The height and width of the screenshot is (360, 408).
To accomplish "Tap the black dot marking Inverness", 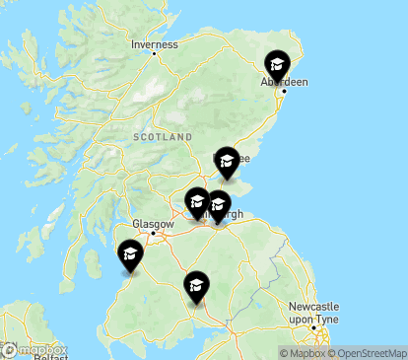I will [x=155, y=53].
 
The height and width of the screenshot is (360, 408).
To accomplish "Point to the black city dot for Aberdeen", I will [x=285, y=92].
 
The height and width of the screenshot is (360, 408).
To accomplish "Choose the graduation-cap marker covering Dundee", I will [x=228, y=161].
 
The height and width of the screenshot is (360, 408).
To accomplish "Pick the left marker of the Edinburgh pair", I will [x=197, y=203].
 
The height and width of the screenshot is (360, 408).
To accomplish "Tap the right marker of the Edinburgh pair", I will [x=219, y=206].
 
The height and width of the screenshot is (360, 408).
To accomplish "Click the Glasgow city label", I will [x=155, y=224].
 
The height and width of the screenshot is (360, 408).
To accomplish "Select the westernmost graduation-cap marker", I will [x=130, y=256].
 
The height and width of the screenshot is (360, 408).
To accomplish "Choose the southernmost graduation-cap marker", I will [x=196, y=287].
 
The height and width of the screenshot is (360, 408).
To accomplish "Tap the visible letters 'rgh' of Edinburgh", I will [x=235, y=214].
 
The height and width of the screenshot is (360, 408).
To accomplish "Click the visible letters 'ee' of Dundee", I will [x=243, y=158].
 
